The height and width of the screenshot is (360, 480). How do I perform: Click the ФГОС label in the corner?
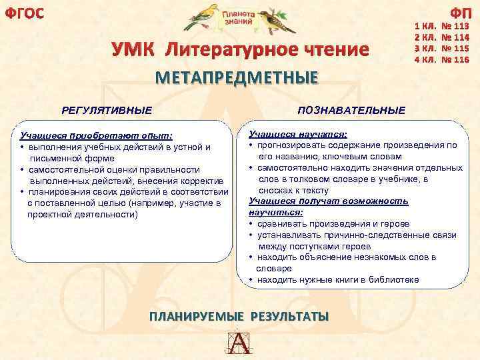point(24,12)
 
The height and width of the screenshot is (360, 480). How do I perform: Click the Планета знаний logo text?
point(239,18)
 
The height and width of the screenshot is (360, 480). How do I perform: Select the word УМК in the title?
point(135,50)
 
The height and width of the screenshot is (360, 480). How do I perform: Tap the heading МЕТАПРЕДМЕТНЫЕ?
point(237,78)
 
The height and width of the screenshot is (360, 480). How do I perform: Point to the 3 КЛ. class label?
point(424,49)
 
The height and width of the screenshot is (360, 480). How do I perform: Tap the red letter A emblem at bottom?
point(239,343)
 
